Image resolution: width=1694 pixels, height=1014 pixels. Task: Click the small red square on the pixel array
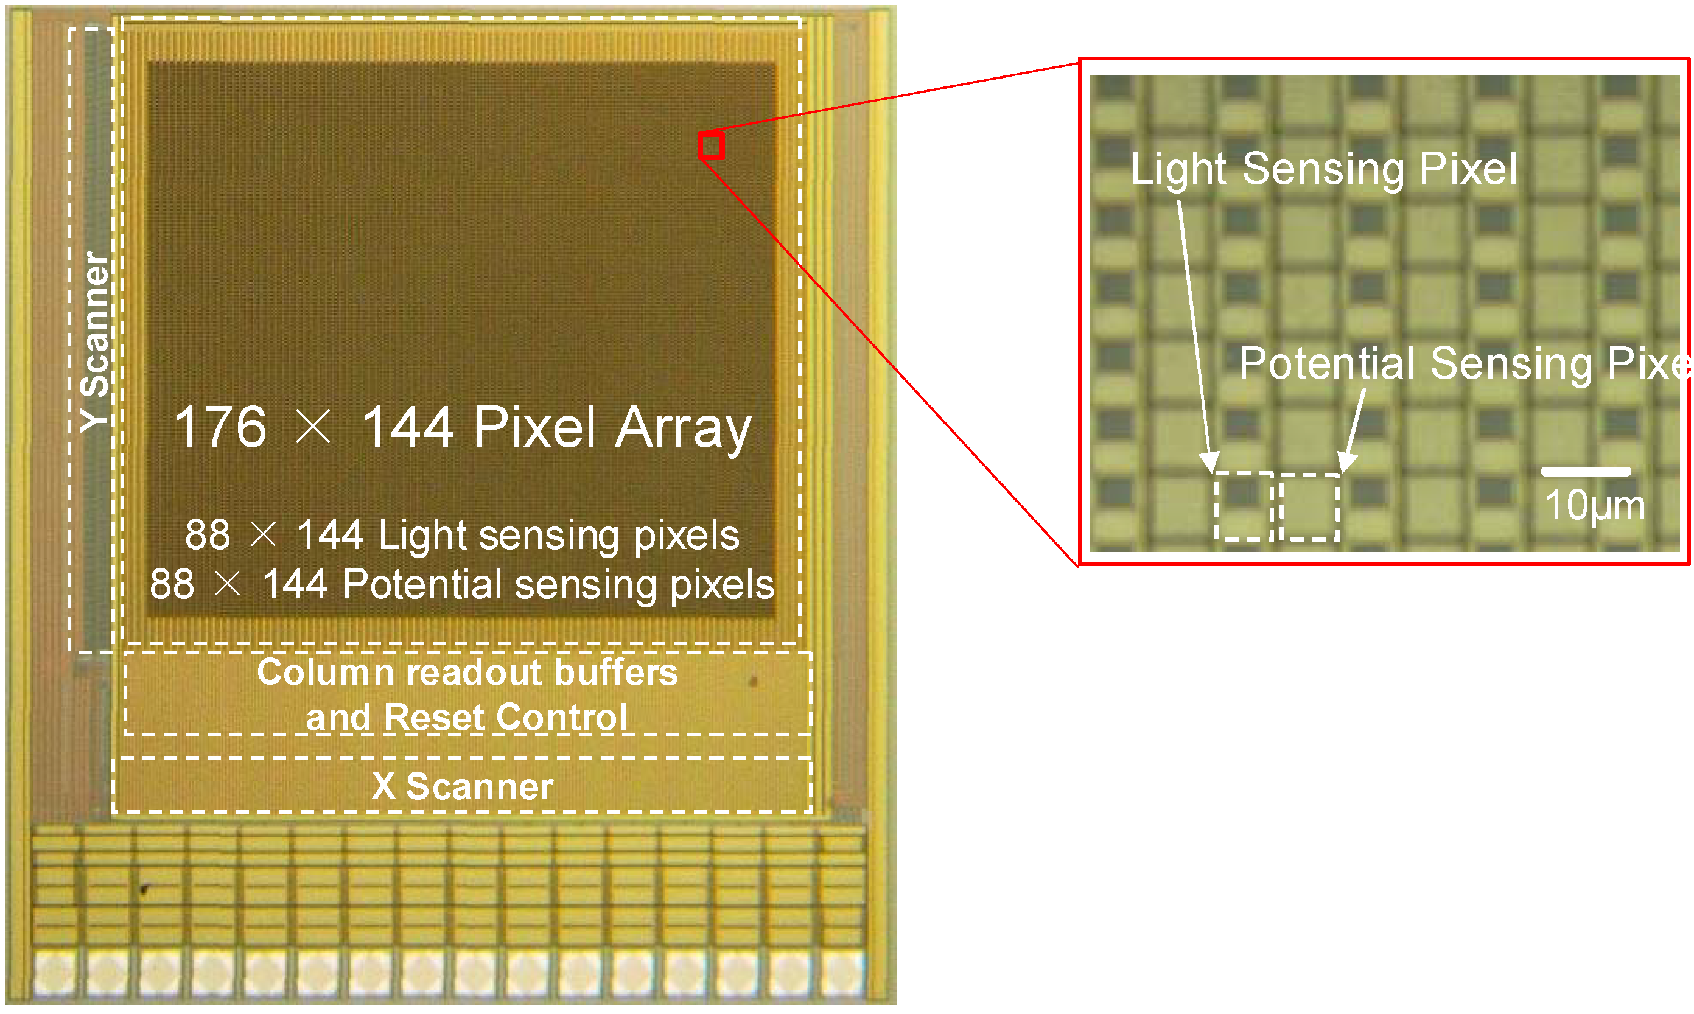[712, 146]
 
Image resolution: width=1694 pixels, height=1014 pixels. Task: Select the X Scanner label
[463, 786]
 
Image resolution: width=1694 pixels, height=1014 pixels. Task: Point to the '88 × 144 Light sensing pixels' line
[462, 534]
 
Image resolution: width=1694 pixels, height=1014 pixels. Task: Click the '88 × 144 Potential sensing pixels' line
[462, 584]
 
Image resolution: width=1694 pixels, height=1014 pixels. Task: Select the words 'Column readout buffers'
[467, 673]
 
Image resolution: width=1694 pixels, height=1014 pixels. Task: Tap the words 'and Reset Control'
[467, 718]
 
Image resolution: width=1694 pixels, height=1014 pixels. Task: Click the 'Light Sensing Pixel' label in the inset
[1324, 169]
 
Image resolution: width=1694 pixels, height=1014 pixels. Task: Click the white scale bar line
[1586, 472]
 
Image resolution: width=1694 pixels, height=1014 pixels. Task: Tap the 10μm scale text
[1595, 506]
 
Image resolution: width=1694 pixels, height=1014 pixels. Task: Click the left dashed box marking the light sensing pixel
[1243, 506]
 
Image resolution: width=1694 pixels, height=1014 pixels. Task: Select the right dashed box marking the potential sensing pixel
[1309, 506]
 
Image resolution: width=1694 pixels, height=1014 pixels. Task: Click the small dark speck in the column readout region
[753, 680]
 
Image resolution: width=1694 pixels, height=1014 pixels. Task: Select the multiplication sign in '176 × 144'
[313, 427]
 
